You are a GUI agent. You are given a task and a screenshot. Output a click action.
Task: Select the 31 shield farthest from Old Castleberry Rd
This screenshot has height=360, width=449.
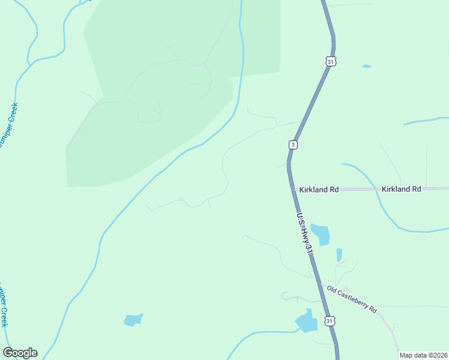point(331,61)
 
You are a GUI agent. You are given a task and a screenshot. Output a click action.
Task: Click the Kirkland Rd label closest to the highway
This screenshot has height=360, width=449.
point(318,189)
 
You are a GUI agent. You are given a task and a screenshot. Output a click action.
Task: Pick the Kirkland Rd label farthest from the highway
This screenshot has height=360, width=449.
point(401,189)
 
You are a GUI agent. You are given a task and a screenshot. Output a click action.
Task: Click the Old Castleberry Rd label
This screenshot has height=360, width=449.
point(352,299)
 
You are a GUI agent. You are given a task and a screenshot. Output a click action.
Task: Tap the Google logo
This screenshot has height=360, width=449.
point(20,353)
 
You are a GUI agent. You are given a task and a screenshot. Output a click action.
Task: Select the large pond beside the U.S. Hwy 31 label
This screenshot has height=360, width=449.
point(321,234)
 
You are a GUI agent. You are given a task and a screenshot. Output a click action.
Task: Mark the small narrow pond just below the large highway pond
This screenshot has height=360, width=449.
point(339,255)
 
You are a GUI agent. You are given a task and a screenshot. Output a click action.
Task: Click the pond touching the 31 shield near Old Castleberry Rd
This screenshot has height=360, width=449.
point(307,323)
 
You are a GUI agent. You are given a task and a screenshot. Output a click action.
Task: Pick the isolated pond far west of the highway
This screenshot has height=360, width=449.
point(133,320)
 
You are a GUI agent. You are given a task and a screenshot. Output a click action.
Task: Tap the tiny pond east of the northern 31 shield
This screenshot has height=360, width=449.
point(366,66)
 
